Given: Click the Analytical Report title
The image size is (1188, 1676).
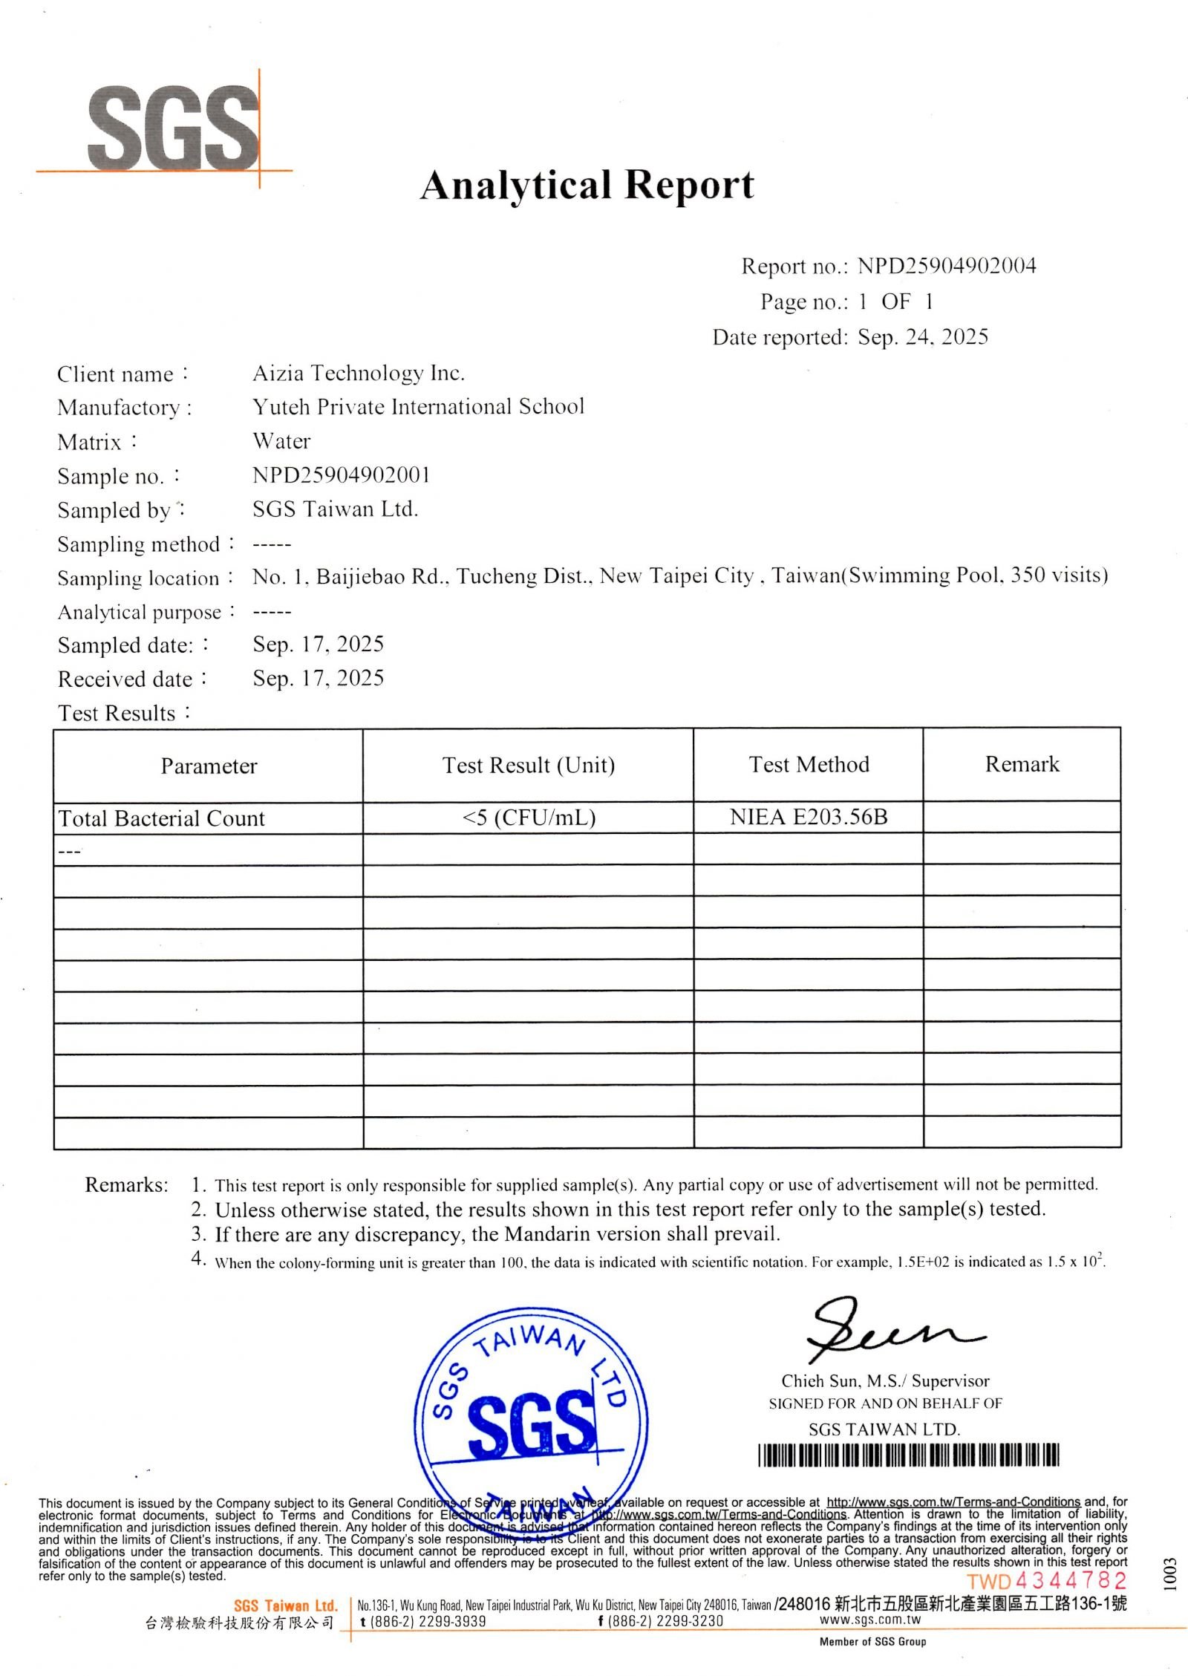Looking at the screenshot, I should [587, 185].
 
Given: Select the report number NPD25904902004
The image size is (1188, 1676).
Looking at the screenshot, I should [947, 266].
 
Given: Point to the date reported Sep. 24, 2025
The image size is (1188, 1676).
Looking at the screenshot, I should [923, 337].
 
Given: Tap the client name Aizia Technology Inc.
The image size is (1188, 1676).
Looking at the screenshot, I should [359, 373].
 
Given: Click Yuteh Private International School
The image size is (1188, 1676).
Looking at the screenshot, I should [418, 407].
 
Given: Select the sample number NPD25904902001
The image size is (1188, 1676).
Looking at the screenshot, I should [342, 475].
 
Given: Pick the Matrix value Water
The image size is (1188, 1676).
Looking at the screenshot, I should [281, 441].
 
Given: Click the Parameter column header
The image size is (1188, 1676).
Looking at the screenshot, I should [209, 766].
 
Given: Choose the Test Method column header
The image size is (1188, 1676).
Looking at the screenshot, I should [809, 765].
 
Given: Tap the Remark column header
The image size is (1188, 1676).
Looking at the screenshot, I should [1022, 764].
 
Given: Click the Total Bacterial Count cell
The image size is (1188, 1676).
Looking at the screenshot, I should [161, 818].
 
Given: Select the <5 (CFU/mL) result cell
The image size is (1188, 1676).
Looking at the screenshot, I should [529, 818].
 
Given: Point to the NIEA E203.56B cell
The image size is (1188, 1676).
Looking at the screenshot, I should [809, 817].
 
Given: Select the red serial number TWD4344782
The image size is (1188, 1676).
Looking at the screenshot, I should [1046, 1581].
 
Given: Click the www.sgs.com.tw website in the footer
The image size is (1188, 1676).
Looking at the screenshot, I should [870, 1620].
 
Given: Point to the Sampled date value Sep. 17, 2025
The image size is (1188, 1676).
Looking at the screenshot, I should [318, 644].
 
